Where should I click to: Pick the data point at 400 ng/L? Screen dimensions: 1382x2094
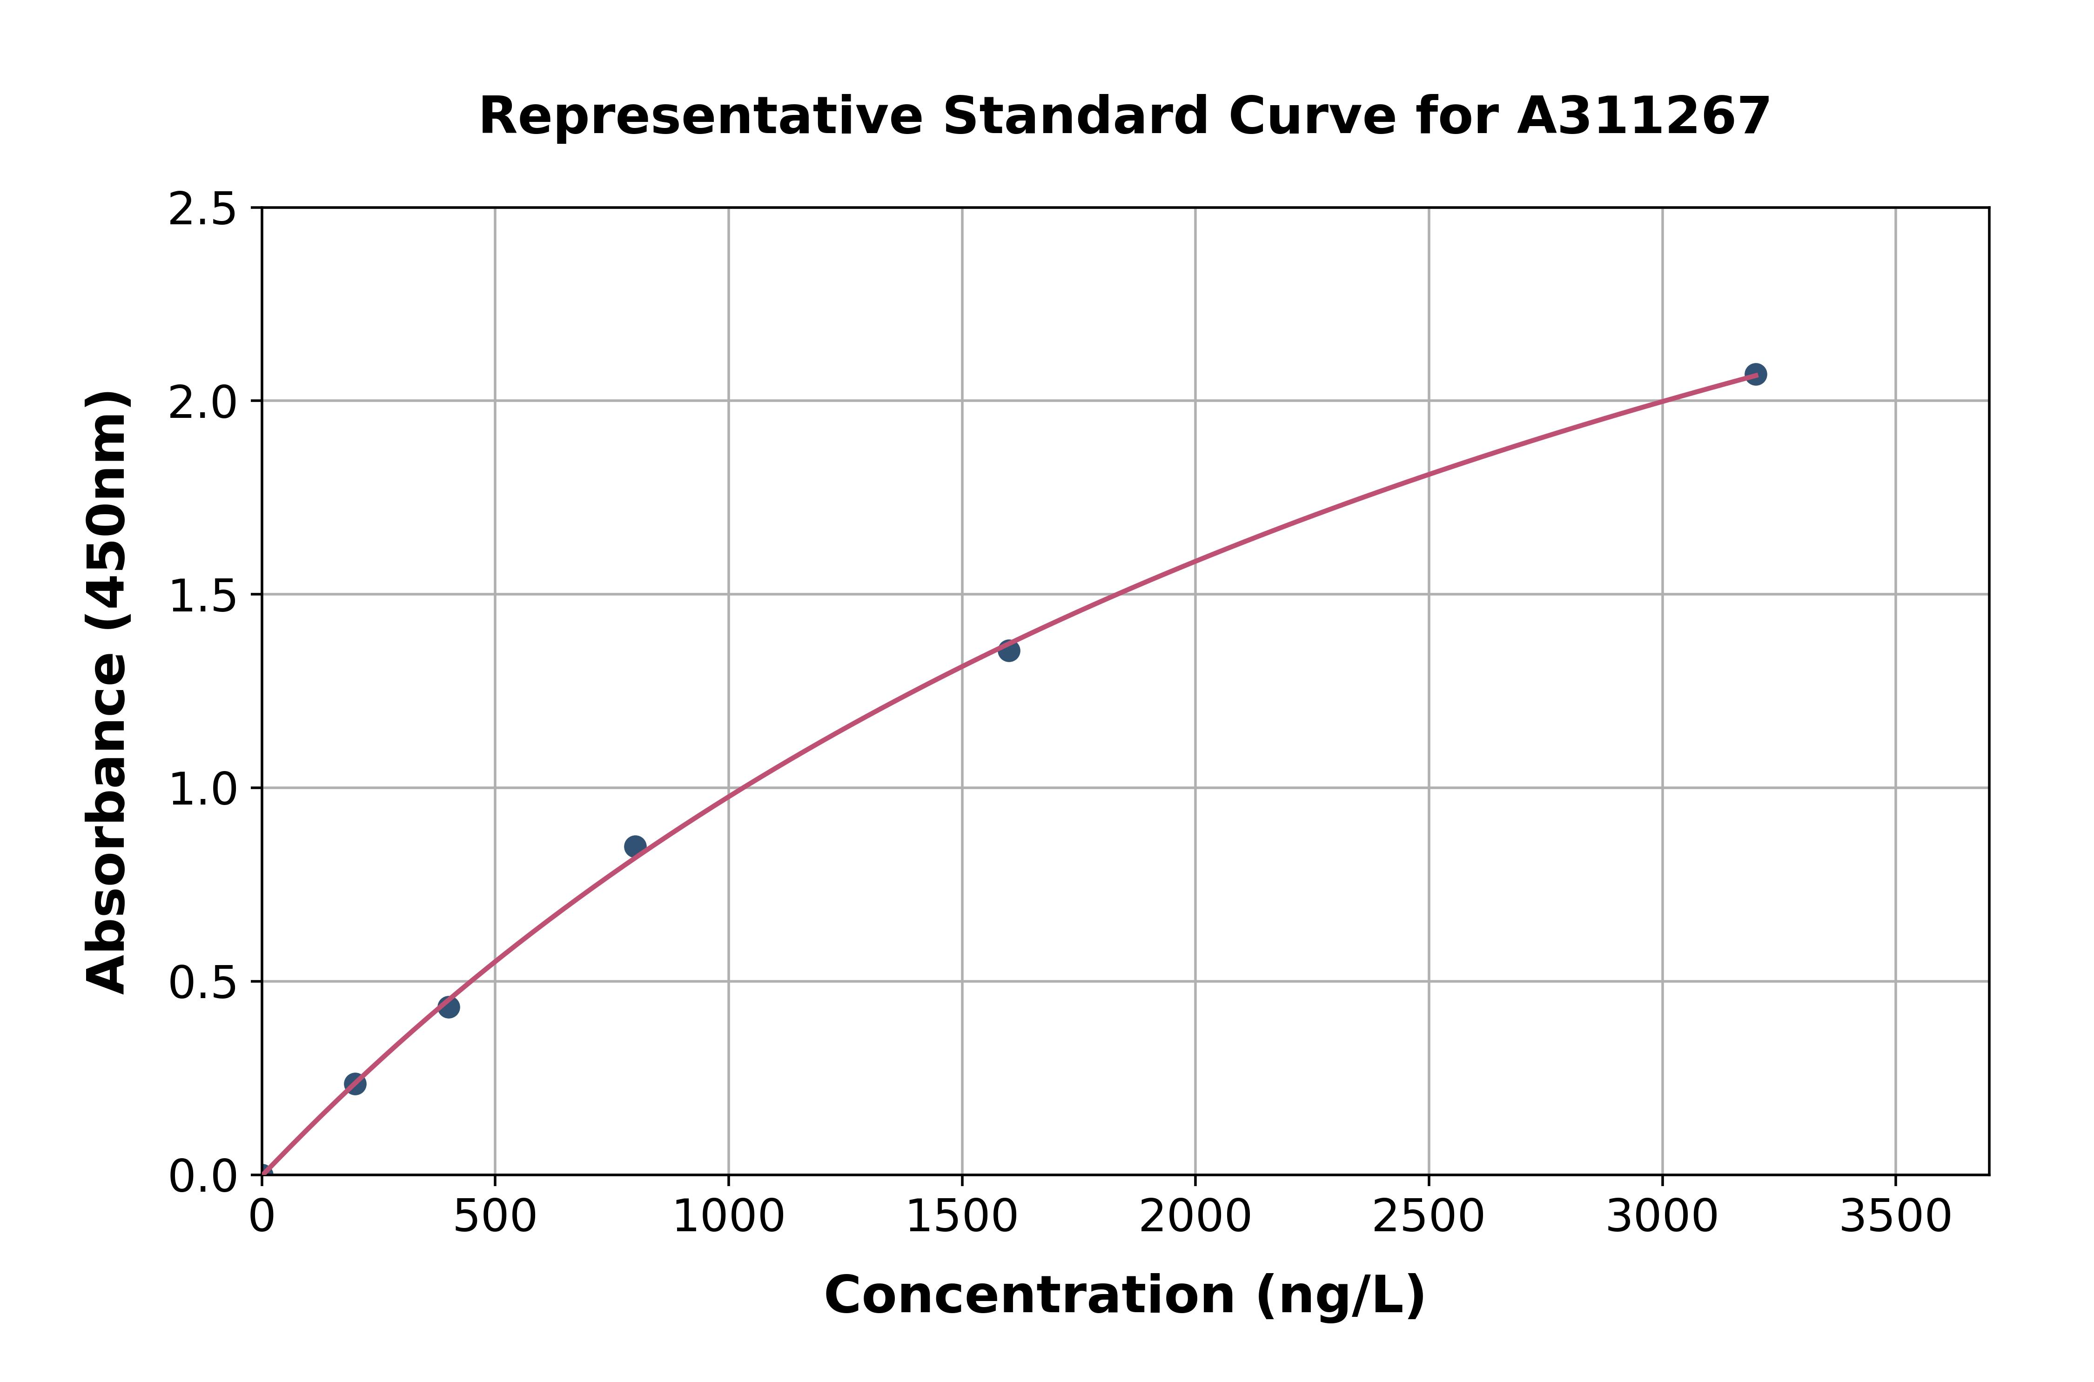(449, 1006)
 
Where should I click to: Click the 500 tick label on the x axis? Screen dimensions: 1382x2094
(495, 1217)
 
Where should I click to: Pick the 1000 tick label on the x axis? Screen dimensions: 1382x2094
(729, 1217)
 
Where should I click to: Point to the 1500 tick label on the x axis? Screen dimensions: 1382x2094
(961, 1217)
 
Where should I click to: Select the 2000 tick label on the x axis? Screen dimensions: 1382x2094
(1195, 1217)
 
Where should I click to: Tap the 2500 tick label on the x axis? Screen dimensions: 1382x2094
(1429, 1217)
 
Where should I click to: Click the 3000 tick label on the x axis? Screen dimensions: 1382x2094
(1662, 1217)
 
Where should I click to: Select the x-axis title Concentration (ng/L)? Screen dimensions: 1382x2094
(1125, 1295)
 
